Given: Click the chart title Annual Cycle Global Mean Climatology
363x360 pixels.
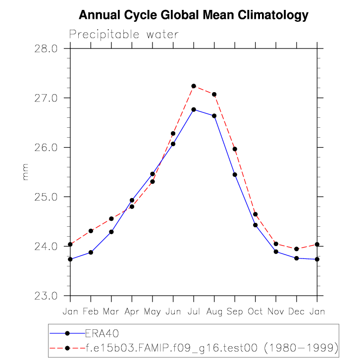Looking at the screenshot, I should [194, 15].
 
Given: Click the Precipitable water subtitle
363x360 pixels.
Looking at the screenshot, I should [124, 34].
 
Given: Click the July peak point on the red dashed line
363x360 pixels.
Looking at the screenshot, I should [194, 86].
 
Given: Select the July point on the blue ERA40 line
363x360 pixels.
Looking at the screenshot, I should [194, 109].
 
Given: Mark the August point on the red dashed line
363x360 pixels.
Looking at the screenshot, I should [214, 95].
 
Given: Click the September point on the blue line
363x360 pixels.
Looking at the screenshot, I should [235, 175].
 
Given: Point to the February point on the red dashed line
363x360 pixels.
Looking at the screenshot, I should [91, 231].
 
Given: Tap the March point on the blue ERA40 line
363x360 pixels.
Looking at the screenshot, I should [111, 232].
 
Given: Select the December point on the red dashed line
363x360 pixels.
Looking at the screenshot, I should [296, 249].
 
